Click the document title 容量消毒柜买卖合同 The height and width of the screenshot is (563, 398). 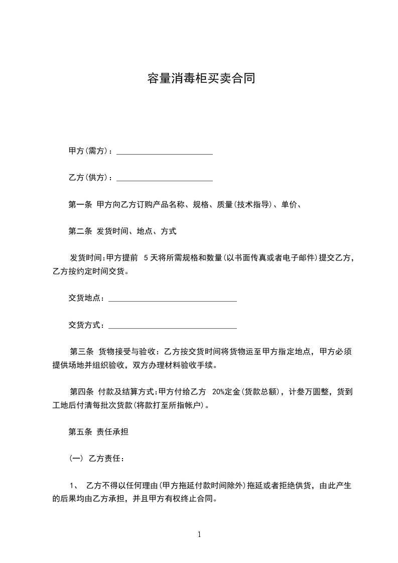click(201, 79)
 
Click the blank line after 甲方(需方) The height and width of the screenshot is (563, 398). click(165, 152)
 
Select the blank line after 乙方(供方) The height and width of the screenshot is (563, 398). click(165, 178)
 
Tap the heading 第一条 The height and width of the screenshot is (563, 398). click(80, 205)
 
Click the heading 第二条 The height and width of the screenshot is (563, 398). click(80, 231)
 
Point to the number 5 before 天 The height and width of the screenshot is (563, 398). click(146, 258)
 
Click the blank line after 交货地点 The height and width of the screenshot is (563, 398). click(172, 299)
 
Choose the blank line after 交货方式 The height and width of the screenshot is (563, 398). click(172, 325)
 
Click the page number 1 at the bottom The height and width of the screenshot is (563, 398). click(199, 535)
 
